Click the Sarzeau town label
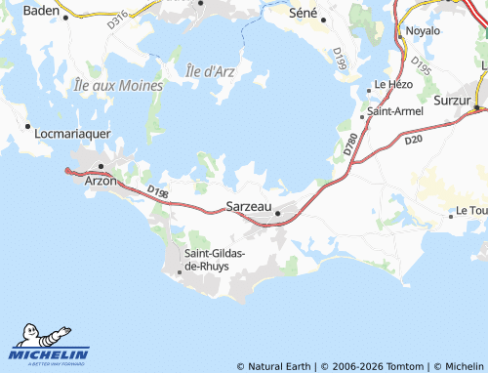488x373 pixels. tap(248, 206)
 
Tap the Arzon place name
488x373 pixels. tap(101, 182)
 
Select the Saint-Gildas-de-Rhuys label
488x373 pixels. tap(215, 261)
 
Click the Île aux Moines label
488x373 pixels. tap(118, 85)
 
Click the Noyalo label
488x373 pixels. tap(423, 31)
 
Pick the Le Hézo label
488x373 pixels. tap(393, 86)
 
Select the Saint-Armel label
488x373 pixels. tap(394, 112)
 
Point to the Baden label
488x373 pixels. tap(40, 11)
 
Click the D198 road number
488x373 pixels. tap(158, 192)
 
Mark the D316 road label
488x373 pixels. tap(116, 19)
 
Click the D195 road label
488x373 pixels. tap(421, 66)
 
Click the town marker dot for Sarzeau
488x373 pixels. tap(278, 214)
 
